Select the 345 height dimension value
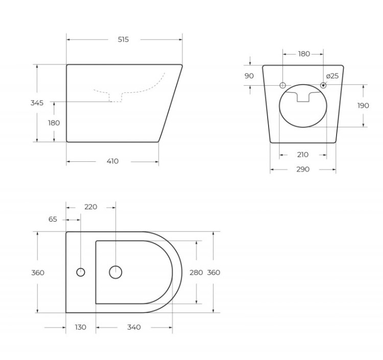point(37,103)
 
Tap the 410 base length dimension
point(112,161)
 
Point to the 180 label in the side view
point(54,123)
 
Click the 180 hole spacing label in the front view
point(303,54)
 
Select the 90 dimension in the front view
point(249,76)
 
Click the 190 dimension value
point(363,106)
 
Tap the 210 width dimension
point(302,155)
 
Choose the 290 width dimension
point(303,170)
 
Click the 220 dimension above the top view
point(90,207)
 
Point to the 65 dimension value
point(53,219)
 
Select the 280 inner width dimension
point(196,272)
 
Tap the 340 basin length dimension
point(134,327)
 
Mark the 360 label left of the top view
point(37,273)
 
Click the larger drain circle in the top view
point(116,272)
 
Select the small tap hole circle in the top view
point(81,272)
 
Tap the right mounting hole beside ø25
point(323,85)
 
